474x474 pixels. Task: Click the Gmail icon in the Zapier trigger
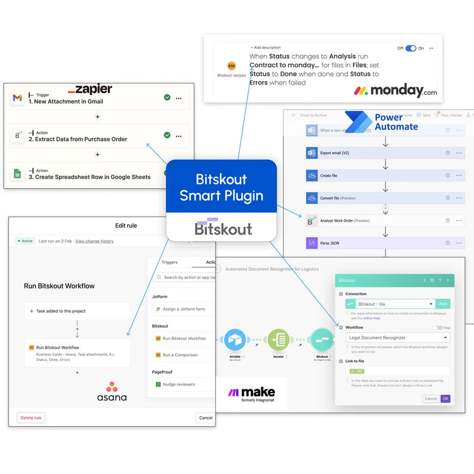17,98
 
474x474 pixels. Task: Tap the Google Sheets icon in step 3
17,173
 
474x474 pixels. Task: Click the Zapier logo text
90,89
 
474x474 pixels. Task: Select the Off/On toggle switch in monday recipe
411,48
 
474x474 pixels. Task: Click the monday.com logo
395,90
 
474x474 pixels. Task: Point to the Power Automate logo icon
358,122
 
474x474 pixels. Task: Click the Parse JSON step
375,243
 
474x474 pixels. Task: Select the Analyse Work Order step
375,220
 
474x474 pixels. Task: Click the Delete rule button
31,418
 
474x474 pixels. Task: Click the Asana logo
112,391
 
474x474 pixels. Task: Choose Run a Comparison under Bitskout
180,355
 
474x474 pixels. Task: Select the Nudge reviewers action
179,384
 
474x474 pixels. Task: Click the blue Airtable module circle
235,340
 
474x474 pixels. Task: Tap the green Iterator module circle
278,340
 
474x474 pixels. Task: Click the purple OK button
445,398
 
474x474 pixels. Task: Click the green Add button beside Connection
443,303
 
